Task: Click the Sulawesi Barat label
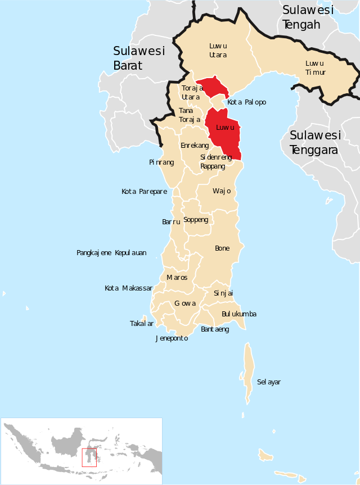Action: [x=138, y=58]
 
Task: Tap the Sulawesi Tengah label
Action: [x=308, y=17]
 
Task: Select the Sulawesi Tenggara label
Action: [x=314, y=143]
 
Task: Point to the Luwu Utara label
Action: [x=218, y=50]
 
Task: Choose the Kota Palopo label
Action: [x=246, y=102]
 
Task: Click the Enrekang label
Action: [x=195, y=146]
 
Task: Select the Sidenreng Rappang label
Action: [x=216, y=162]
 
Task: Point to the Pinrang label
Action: [x=161, y=162]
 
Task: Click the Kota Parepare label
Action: [x=144, y=192]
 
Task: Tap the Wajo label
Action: [x=222, y=191]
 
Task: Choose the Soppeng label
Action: [x=196, y=220]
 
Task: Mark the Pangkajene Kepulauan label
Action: [x=111, y=253]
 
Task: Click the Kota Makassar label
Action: [x=128, y=288]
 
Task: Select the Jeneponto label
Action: [x=172, y=338]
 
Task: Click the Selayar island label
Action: [x=268, y=382]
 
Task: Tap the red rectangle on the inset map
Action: [x=89, y=457]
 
